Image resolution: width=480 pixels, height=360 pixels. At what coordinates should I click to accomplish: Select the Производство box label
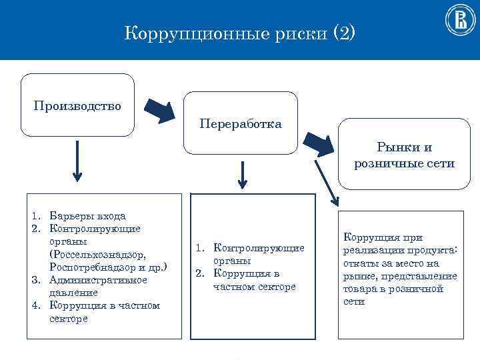coord(77,105)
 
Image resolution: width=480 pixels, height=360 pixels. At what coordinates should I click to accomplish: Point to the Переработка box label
coord(240,124)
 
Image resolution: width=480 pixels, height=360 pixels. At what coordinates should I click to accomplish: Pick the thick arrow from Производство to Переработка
coord(161,111)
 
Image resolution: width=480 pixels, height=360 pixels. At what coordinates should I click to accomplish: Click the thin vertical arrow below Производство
coord(77,161)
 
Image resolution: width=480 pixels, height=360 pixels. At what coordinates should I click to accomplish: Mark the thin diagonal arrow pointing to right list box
coord(326,181)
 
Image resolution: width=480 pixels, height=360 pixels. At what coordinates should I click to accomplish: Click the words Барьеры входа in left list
coord(87,216)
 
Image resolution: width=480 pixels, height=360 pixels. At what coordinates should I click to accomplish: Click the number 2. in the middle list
coord(199,273)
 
